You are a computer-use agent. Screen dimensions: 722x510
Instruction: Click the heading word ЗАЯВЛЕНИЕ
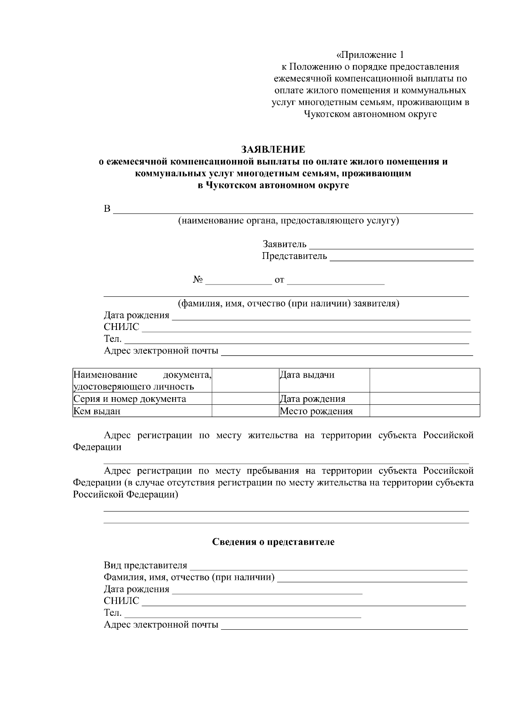coord(273,150)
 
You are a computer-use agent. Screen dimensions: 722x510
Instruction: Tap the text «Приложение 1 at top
coord(370,55)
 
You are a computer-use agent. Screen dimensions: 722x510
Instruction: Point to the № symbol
coord(198,280)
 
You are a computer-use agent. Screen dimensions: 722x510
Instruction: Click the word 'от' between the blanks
coord(279,280)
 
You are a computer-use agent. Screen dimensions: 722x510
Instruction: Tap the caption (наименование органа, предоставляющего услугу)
coord(288,220)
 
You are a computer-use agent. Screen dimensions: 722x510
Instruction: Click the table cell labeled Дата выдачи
coord(307,375)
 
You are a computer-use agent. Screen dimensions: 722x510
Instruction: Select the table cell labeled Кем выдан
coord(97,411)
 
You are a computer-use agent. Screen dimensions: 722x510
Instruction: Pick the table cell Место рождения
coord(316,411)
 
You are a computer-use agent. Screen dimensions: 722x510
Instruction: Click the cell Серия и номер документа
coord(130,399)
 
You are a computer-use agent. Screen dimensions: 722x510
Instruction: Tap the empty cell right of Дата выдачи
coord(425,380)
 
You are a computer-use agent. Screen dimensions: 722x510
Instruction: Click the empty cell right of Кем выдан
coord(245,411)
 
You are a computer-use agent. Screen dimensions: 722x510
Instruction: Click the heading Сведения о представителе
coord(273,542)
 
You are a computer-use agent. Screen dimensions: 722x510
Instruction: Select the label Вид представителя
coord(145,566)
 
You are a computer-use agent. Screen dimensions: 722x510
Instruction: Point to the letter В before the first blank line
coord(107,209)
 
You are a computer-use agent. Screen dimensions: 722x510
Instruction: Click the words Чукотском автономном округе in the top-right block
coord(370,114)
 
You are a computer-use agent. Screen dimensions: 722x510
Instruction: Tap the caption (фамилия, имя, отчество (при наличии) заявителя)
coord(288,304)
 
